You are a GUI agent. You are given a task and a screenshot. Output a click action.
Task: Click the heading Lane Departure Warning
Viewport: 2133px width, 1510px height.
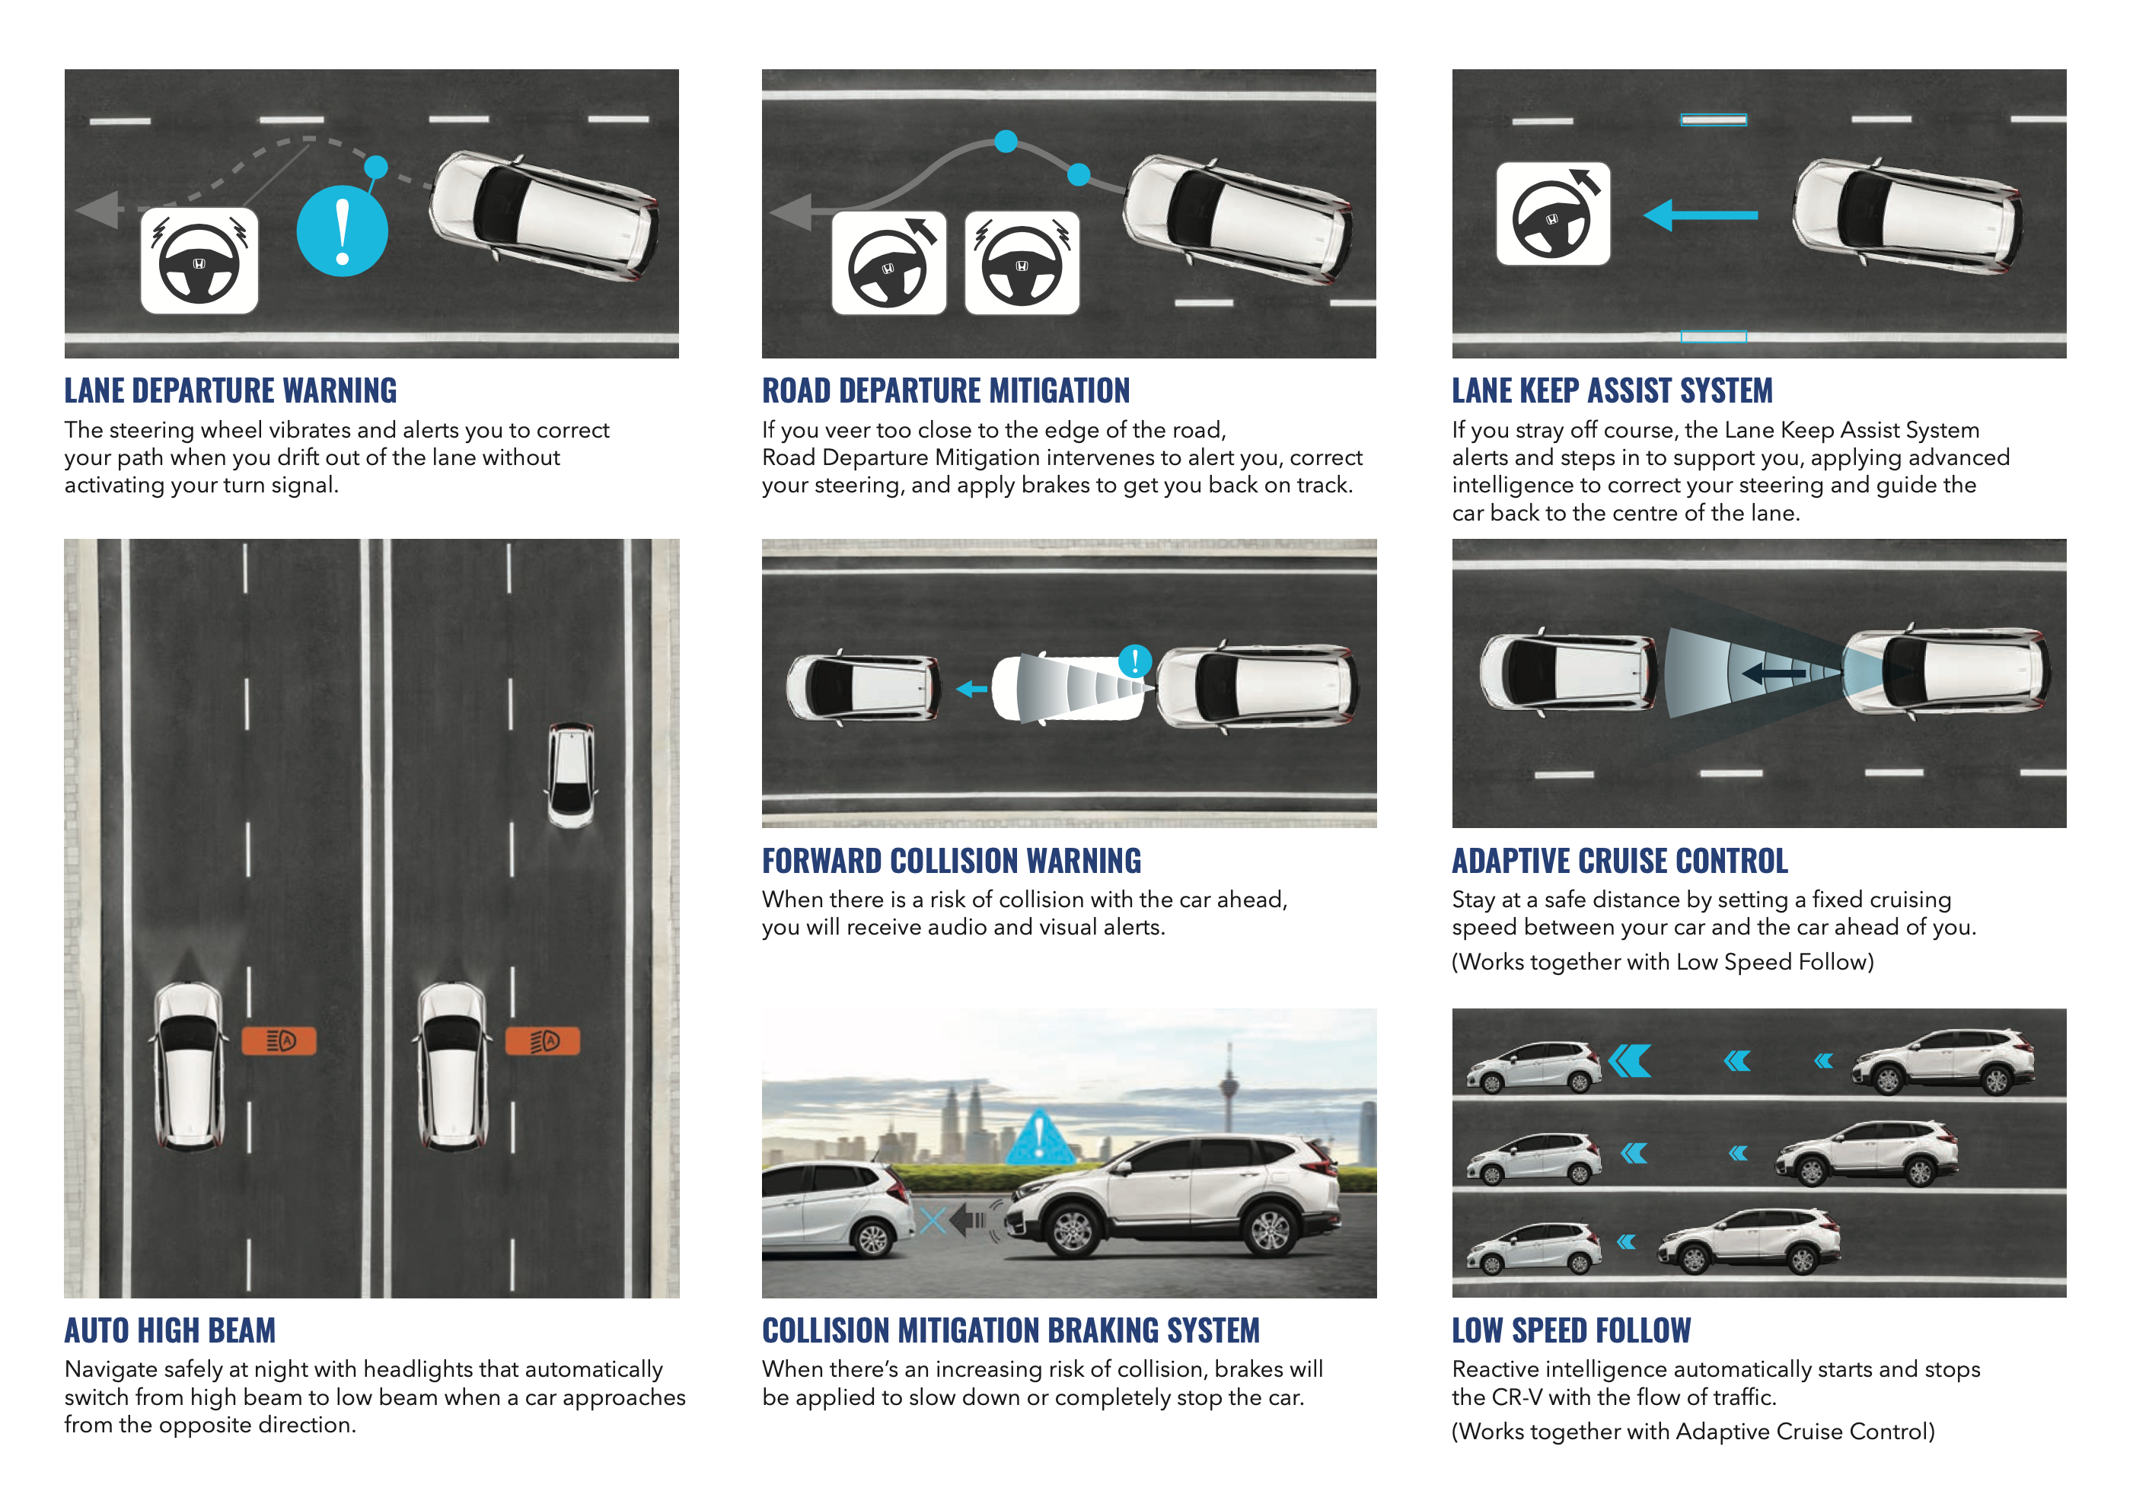[231, 390]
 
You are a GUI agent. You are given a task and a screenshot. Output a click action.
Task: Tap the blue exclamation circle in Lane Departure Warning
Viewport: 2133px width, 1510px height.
[342, 231]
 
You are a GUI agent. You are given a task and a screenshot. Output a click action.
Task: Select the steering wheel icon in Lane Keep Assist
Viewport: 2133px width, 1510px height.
[1553, 214]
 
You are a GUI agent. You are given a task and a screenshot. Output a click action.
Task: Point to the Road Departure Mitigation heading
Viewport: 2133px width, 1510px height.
[945, 390]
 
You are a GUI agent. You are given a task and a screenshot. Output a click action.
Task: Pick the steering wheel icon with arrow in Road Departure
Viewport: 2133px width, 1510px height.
[889, 263]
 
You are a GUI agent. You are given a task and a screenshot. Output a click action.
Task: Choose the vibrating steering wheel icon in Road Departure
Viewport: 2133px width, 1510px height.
[1022, 263]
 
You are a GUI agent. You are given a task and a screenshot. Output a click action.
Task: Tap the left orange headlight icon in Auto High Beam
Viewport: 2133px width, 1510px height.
[279, 1040]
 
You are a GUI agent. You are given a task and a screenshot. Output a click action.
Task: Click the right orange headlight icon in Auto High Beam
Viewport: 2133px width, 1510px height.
[542, 1040]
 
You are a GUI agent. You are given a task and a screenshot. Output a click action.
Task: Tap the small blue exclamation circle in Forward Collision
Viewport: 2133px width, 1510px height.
[1134, 661]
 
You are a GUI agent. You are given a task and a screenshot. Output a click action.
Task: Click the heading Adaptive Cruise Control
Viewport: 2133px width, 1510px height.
[1620, 861]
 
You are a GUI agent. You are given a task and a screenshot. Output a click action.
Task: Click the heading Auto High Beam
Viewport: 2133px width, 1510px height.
[171, 1330]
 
